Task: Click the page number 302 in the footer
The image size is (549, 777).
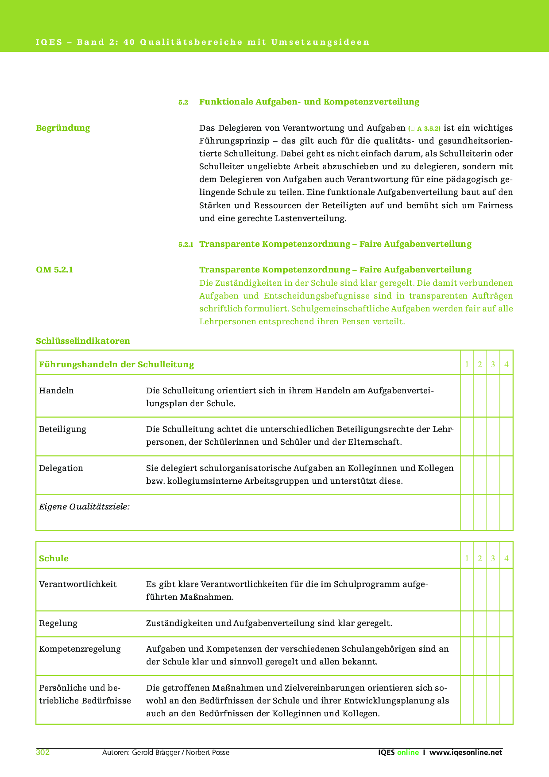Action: click(x=43, y=752)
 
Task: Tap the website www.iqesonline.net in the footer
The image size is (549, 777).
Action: click(x=466, y=752)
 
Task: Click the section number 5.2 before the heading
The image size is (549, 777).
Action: click(x=183, y=102)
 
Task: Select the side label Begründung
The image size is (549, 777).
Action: click(x=63, y=128)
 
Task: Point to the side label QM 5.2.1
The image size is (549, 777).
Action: click(x=54, y=270)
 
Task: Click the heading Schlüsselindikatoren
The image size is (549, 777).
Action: click(x=83, y=341)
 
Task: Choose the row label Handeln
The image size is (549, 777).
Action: click(x=56, y=391)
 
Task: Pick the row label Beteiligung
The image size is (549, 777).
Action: click(x=62, y=429)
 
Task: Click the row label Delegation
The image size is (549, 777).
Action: click(x=61, y=468)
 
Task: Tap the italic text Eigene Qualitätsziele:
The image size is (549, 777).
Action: click(x=84, y=507)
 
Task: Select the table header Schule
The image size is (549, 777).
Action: click(x=54, y=559)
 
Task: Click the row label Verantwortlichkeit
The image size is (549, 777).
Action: click(x=78, y=584)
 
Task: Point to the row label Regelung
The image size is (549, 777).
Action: click(x=58, y=623)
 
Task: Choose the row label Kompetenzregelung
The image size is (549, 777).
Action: click(x=80, y=649)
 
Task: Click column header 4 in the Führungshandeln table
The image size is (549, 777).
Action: click(x=506, y=365)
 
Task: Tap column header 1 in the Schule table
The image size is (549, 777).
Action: click(x=467, y=559)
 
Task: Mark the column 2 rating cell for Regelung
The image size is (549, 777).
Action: click(x=480, y=624)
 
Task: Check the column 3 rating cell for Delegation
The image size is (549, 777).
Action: click(x=493, y=475)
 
